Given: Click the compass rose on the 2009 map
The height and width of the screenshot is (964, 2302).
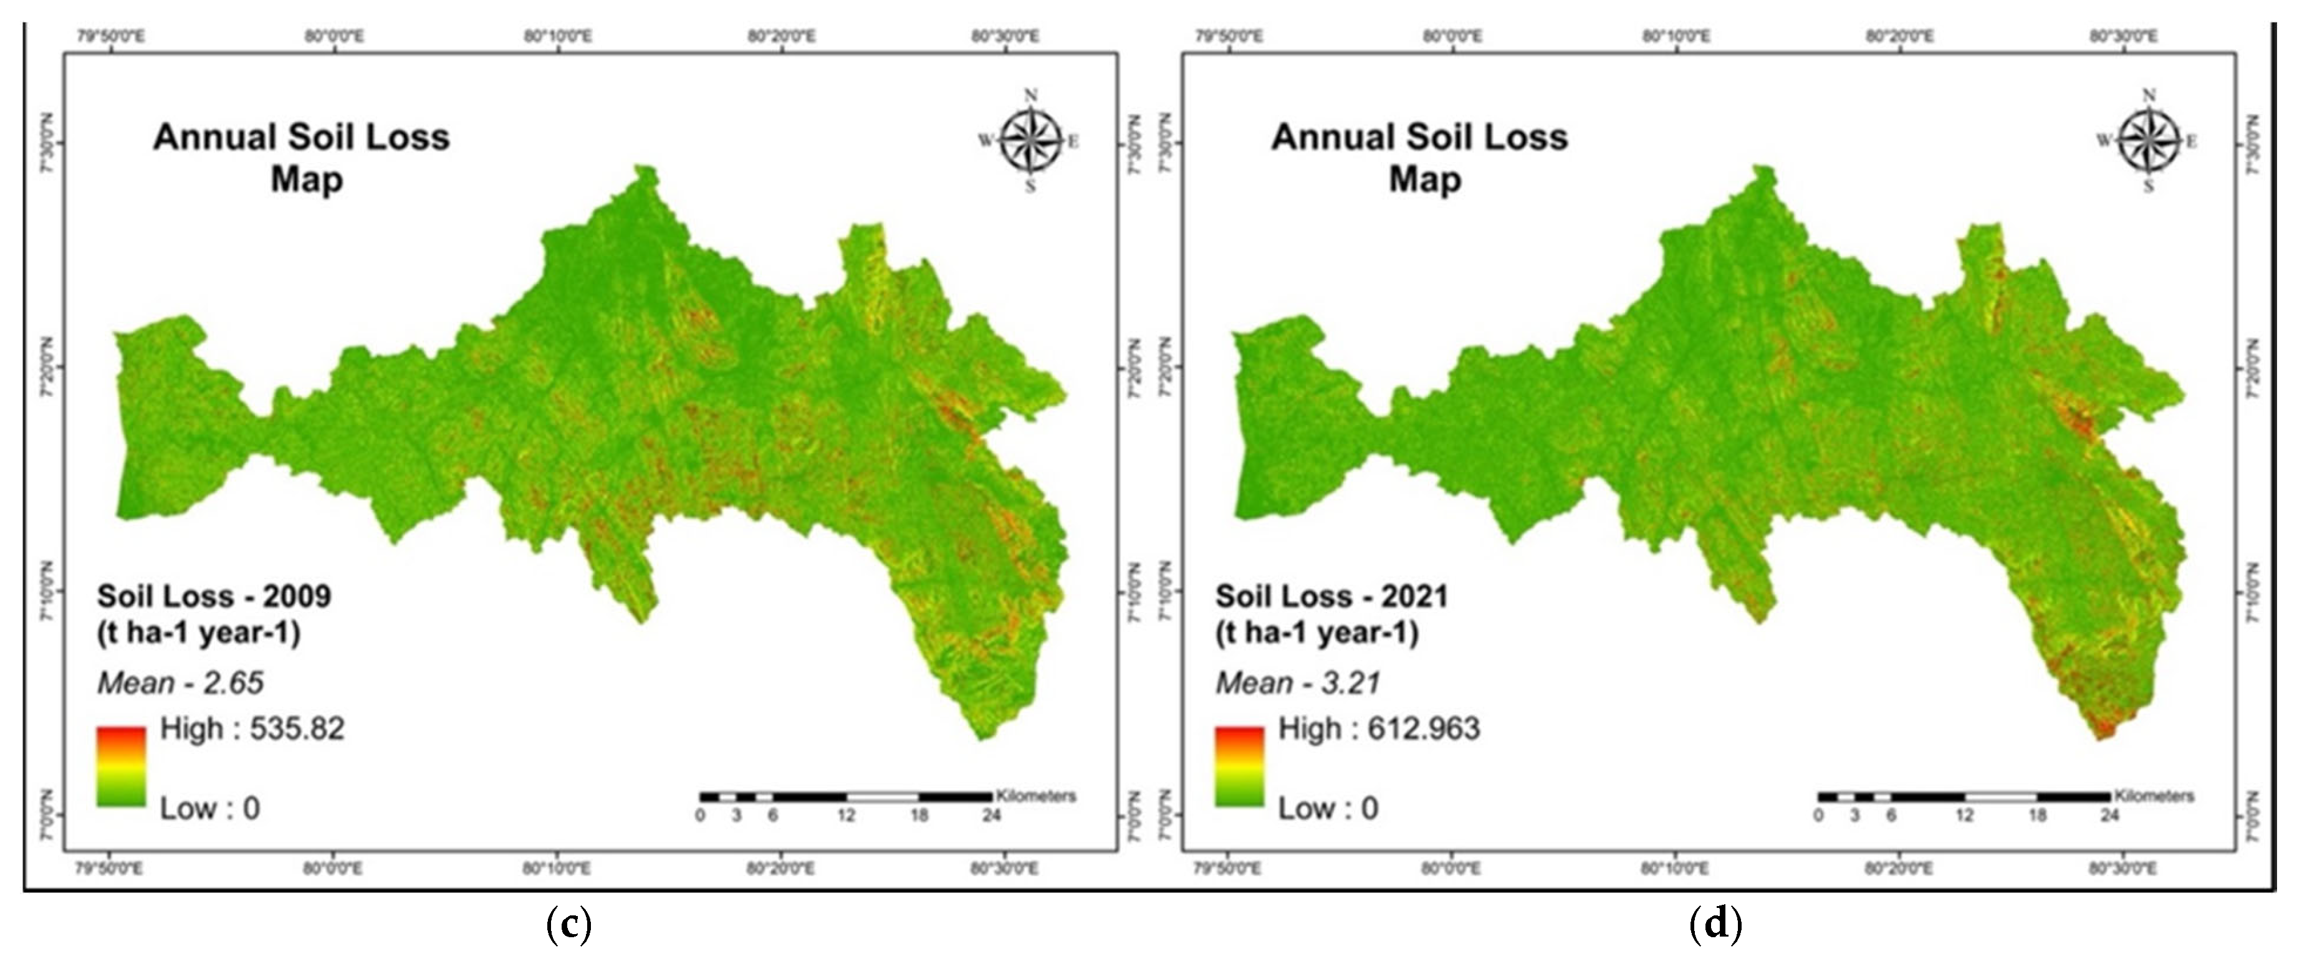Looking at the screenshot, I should (1030, 140).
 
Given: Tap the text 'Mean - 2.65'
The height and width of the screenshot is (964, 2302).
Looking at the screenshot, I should (181, 684).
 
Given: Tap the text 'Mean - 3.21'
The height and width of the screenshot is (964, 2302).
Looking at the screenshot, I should (1298, 684).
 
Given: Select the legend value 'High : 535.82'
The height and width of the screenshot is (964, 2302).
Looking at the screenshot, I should (251, 729).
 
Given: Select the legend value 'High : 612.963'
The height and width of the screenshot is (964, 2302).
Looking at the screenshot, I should (1379, 729).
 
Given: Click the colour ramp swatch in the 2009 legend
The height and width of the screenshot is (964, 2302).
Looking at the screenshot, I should (122, 766).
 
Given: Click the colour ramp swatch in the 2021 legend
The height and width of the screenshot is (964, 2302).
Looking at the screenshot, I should (1239, 766).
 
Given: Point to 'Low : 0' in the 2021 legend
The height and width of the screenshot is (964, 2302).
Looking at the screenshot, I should (1328, 809).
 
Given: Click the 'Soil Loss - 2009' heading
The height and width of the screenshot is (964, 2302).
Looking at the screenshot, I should (214, 596).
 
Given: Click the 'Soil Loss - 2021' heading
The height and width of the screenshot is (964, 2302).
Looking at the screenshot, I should (1331, 596).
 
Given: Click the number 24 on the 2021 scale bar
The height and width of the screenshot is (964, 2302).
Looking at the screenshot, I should (2110, 815).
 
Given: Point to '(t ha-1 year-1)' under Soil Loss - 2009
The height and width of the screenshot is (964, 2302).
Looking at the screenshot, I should (198, 632).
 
